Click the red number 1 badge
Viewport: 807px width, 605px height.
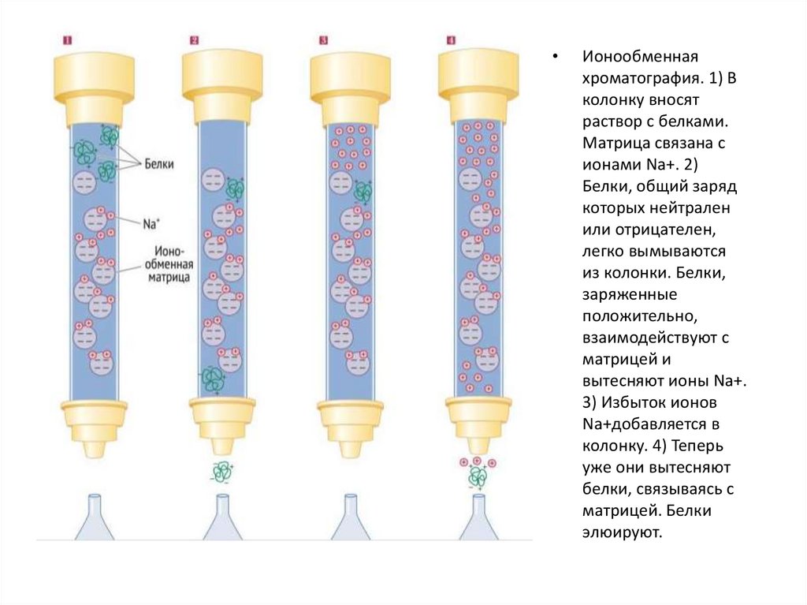(x=68, y=39)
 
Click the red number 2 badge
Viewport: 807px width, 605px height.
(x=195, y=39)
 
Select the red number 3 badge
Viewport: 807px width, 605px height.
(x=323, y=39)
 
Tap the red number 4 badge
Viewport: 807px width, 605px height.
(x=451, y=39)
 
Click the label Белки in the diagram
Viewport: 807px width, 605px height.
(x=159, y=164)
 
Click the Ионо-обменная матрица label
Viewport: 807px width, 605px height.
(x=166, y=263)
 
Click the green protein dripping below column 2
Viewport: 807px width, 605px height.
(x=221, y=472)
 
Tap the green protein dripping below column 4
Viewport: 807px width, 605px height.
(x=477, y=476)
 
